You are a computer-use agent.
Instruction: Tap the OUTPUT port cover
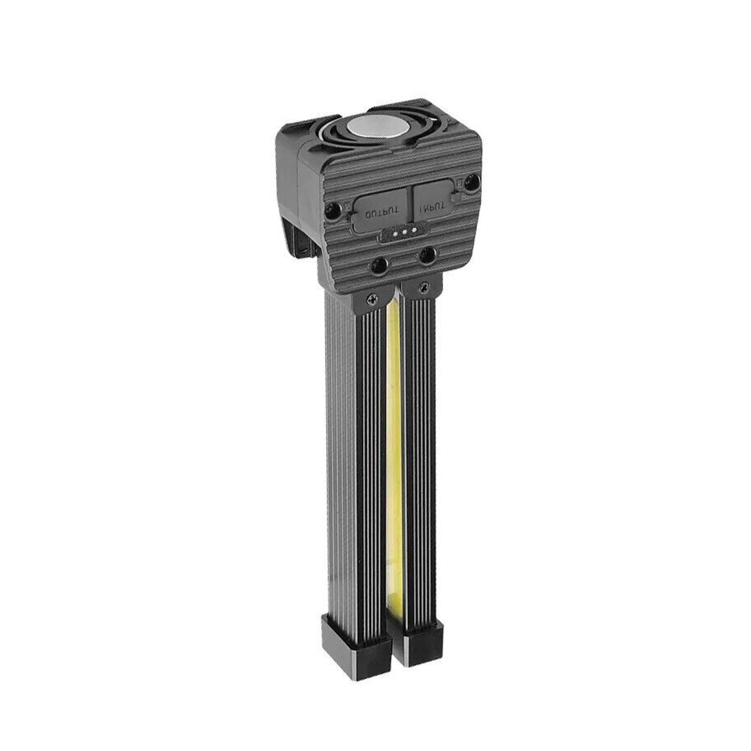point(378,212)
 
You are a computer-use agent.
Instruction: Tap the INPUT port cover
point(436,200)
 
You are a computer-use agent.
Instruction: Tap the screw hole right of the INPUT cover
point(473,182)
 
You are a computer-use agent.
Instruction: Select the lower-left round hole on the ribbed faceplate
point(379,267)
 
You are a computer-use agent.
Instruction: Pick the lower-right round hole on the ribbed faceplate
point(428,254)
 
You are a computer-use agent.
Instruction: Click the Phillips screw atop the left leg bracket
point(372,300)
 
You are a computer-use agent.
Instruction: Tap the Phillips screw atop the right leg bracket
point(421,288)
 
